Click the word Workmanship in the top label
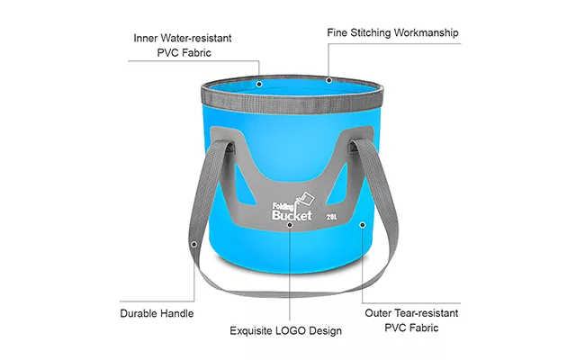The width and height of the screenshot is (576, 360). coord(426,33)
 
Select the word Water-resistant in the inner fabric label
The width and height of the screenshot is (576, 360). coord(196,38)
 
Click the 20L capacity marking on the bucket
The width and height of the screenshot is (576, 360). coord(331,217)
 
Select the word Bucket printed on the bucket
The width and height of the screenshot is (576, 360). coord(292,215)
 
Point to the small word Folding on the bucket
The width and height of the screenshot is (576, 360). coord(283,207)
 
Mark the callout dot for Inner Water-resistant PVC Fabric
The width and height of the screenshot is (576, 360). coord(259,84)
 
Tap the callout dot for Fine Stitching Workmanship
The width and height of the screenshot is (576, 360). coord(329,80)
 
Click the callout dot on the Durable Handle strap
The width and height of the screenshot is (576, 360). coord(194,244)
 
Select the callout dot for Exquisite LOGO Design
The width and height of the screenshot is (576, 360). coord(290,225)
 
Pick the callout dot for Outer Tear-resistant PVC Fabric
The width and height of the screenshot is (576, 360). coord(363,225)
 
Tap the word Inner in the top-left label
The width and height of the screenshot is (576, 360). coord(146,38)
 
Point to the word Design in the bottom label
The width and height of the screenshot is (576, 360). coord(326,331)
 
